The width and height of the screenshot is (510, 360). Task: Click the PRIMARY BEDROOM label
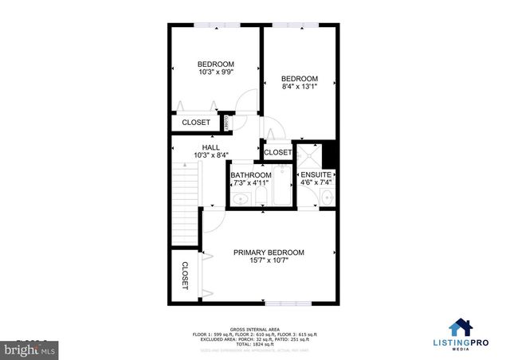(x=269, y=252)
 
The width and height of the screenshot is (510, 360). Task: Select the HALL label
(x=210, y=147)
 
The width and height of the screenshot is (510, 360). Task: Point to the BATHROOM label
(x=251, y=175)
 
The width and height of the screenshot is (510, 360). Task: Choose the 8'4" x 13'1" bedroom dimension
(x=300, y=88)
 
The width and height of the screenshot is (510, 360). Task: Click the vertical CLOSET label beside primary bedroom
(x=185, y=275)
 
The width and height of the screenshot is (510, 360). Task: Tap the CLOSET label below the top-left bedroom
(x=196, y=123)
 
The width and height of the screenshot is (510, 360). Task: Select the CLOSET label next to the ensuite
(x=277, y=152)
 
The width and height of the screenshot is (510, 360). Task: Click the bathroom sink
(x=239, y=199)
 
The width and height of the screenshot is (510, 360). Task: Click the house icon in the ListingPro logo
(x=460, y=328)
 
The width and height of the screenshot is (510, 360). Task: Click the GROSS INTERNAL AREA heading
(x=255, y=328)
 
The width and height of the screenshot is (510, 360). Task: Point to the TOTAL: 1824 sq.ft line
(x=255, y=343)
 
